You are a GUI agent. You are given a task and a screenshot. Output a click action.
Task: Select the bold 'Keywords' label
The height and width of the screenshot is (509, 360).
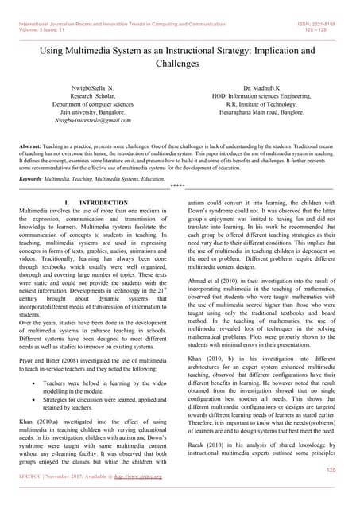32,180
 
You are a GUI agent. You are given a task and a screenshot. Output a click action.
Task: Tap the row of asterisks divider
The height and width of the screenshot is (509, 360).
177,188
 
